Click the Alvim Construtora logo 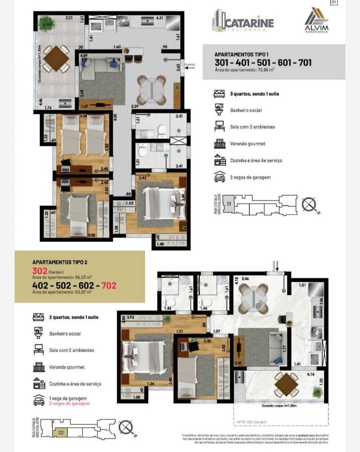tap(316, 20)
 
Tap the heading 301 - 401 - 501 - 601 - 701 tap(263, 63)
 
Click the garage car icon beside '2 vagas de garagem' tap(220, 177)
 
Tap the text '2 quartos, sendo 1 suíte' tap(73, 317)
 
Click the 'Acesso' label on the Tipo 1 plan tap(189, 65)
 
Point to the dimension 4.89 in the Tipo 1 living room tap(84, 56)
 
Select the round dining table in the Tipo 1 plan tap(152, 89)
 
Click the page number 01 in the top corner tap(334, 2)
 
